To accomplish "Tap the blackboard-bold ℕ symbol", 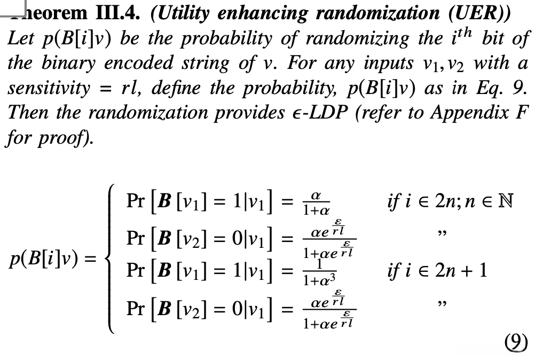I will (505, 202).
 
